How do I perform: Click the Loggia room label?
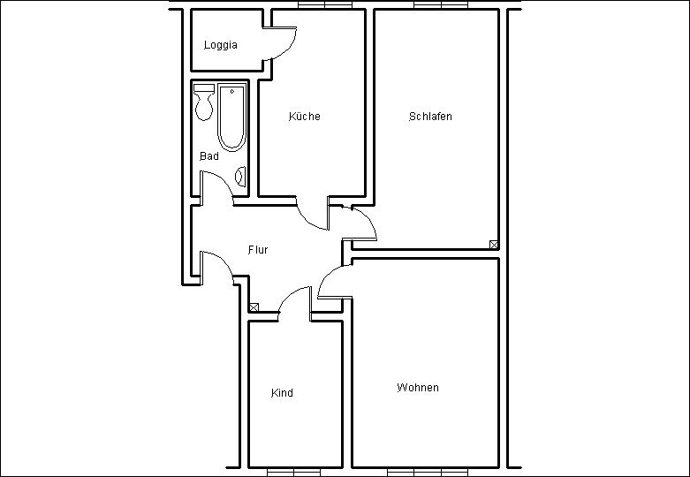pos(221,45)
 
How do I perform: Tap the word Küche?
pos(304,117)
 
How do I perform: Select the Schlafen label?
pos(430,117)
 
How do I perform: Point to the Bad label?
pos(209,155)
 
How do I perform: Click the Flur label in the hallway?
pos(258,249)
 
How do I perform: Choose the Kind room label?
pos(282,392)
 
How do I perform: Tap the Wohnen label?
pos(418,387)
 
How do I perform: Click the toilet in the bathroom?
pos(204,102)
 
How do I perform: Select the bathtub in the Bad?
pos(231,117)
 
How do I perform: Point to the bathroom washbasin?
pos(240,177)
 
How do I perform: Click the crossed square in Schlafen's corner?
pos(494,245)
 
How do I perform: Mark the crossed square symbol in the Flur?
pos(254,307)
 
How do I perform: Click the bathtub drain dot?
pos(231,92)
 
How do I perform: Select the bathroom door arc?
pos(223,182)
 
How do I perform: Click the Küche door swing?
pos(308,222)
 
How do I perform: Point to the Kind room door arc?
pos(288,294)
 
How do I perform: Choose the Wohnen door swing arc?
pos(328,275)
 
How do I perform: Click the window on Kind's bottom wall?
pos(293,473)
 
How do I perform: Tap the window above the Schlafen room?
pos(441,4)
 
